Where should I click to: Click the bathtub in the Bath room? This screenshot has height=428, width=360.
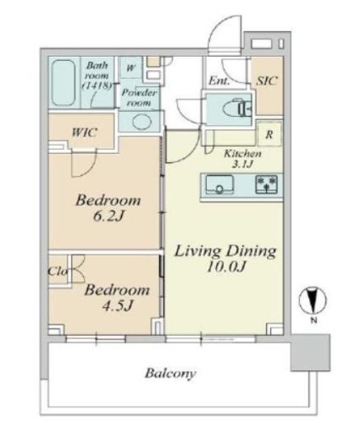(63, 82)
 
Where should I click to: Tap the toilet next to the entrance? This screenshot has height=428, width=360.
(237, 109)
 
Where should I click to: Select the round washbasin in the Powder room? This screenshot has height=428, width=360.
(142, 121)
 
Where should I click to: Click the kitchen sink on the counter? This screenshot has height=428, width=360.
(220, 184)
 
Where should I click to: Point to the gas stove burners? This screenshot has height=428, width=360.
(266, 184)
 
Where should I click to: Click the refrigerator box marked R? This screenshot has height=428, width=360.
(269, 134)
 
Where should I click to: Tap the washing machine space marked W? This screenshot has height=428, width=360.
(131, 67)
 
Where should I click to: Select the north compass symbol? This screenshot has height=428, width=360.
(312, 300)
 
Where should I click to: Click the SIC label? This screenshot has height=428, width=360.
(267, 81)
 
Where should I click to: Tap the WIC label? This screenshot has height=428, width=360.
(84, 133)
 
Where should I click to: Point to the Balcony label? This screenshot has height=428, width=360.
(171, 374)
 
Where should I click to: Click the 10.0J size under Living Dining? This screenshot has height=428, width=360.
(226, 267)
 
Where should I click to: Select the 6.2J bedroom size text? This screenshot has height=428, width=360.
(109, 216)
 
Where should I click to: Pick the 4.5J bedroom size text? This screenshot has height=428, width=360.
(118, 305)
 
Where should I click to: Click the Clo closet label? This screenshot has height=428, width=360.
(58, 272)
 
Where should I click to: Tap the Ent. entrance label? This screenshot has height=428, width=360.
(219, 81)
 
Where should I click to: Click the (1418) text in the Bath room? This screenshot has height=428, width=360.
(97, 86)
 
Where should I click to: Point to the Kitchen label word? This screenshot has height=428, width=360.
(243, 154)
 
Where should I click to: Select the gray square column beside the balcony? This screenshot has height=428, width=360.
(311, 352)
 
